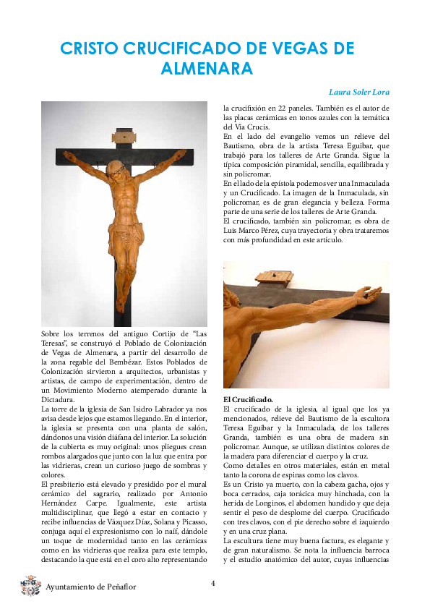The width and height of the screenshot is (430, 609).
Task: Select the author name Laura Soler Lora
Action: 359,93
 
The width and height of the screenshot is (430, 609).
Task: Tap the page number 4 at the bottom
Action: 212,583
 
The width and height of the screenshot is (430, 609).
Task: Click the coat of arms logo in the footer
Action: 30,585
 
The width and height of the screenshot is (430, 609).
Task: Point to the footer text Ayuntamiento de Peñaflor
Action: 90,587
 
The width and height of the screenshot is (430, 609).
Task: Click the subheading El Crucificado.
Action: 247,399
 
